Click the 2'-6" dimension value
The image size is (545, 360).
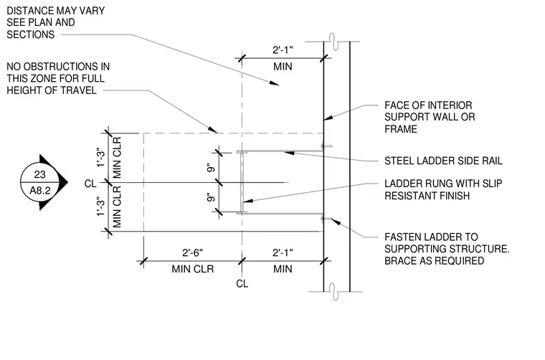(x=193, y=252)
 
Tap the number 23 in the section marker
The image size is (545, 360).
(x=40, y=174)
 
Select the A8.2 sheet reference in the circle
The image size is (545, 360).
(x=40, y=191)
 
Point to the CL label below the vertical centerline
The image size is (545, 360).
(x=242, y=284)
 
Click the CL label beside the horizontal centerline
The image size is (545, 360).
(x=90, y=184)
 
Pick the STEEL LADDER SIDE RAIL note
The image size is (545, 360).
(x=443, y=161)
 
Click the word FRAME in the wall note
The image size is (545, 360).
(x=401, y=129)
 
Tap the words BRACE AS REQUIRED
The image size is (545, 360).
(x=434, y=260)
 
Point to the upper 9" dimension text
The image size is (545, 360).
(x=211, y=168)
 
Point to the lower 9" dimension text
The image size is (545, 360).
(x=211, y=198)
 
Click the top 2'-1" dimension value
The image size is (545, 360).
(x=283, y=50)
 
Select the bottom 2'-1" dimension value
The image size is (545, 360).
(x=283, y=252)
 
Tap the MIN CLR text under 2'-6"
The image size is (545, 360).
(x=193, y=269)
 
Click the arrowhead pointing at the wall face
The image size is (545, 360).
(x=328, y=117)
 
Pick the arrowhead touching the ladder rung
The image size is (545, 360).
(x=247, y=200)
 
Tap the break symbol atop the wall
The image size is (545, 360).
(x=332, y=42)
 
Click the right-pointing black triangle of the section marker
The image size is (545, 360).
(x=62, y=182)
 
